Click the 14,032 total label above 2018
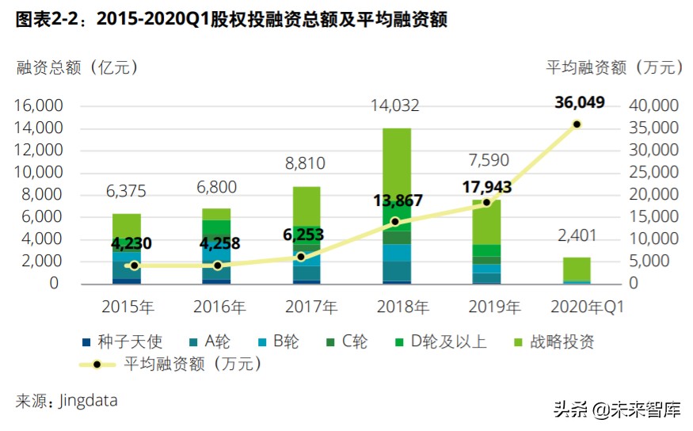(397, 105)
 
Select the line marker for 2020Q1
(577, 124)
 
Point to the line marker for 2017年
(301, 257)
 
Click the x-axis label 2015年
(127, 306)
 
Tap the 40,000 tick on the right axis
(654, 105)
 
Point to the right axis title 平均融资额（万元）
(614, 67)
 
